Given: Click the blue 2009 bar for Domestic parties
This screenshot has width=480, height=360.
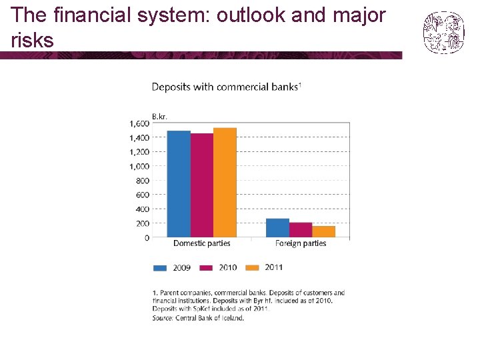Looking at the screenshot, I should tap(179, 184).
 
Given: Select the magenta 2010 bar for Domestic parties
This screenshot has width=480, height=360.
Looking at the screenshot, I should tap(202, 185).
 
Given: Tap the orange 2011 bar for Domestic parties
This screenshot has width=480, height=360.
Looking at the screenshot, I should tap(225, 183).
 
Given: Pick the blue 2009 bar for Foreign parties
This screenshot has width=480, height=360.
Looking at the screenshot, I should tap(277, 228).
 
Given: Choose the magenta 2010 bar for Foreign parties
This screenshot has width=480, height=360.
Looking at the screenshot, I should tap(301, 230).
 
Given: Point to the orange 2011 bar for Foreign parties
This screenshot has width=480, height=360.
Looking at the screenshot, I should tap(324, 232).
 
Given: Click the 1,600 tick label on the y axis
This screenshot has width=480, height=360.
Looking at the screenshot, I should tap(139, 123).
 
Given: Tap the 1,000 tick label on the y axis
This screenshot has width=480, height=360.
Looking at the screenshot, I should tap(139, 166).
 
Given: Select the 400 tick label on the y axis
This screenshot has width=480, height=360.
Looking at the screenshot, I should tap(143, 209).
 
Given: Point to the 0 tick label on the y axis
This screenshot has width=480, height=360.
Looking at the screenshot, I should tap(147, 238).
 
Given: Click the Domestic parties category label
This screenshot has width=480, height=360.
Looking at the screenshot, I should tap(201, 244).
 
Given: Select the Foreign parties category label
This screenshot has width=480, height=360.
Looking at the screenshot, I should tap(301, 244).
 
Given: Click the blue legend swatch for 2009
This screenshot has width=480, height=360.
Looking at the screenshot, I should tap(160, 268).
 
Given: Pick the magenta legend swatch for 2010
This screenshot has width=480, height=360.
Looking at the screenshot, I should tap(206, 268).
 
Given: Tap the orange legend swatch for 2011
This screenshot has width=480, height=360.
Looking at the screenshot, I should tap(252, 268).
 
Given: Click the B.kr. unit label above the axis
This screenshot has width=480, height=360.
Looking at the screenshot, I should tap(159, 116).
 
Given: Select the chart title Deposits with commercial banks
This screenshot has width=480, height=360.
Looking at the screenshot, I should tap(225, 87).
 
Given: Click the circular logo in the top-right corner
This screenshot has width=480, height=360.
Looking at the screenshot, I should tap(443, 32).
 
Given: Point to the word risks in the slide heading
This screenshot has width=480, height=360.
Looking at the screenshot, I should tap(33, 41).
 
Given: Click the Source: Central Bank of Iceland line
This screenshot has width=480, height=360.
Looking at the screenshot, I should tap(198, 318).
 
